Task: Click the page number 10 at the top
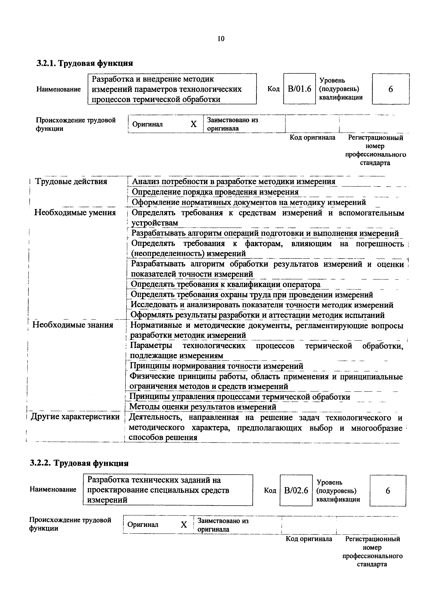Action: (221, 39)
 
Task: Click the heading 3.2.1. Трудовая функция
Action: (85, 63)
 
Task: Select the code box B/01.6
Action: (300, 89)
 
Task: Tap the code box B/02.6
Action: (296, 490)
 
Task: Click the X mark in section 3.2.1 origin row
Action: (193, 124)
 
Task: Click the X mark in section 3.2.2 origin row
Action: (184, 525)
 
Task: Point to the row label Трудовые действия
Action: (71, 182)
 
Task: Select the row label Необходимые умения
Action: (75, 213)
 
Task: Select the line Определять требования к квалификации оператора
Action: (226, 284)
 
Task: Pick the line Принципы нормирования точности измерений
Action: (216, 366)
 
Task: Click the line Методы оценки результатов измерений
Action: (203, 407)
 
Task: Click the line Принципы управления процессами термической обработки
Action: (240, 397)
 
